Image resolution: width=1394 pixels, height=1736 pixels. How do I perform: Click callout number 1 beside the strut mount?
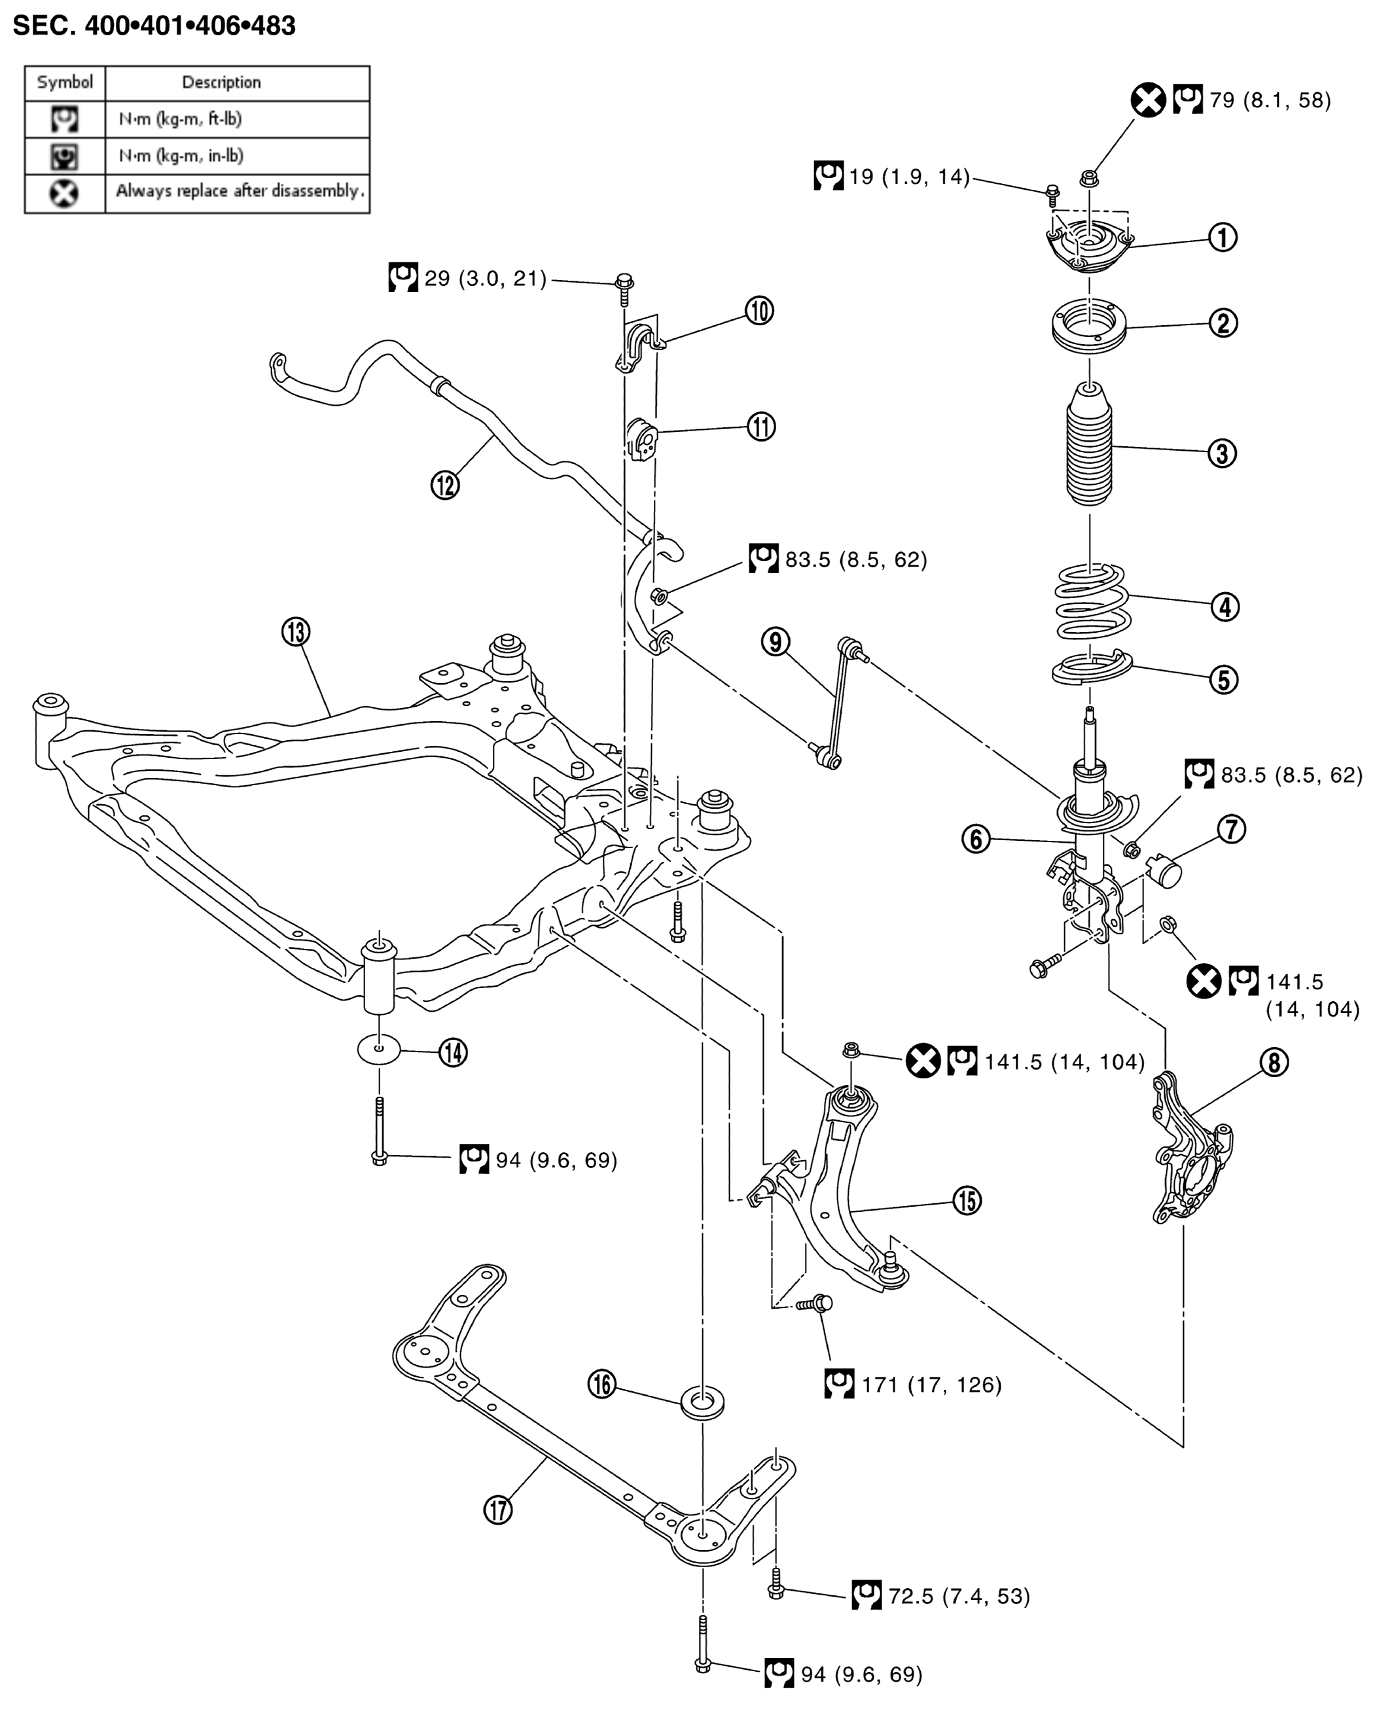[1222, 238]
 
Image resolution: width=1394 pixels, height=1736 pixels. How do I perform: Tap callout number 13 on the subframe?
[296, 632]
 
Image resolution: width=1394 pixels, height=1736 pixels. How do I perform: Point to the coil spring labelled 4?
[1092, 601]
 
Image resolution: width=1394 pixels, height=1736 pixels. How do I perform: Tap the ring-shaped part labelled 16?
[702, 1401]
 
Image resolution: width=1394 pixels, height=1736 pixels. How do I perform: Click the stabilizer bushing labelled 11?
[642, 439]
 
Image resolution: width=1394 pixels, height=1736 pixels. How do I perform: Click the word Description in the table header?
[221, 82]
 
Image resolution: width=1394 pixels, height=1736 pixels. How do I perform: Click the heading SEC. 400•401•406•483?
[154, 26]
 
